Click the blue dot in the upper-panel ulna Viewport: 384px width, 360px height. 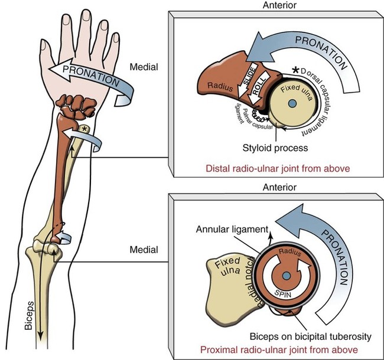click(292, 104)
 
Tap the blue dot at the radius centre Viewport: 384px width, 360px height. click(286, 276)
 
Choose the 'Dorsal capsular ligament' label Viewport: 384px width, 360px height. click(328, 100)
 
